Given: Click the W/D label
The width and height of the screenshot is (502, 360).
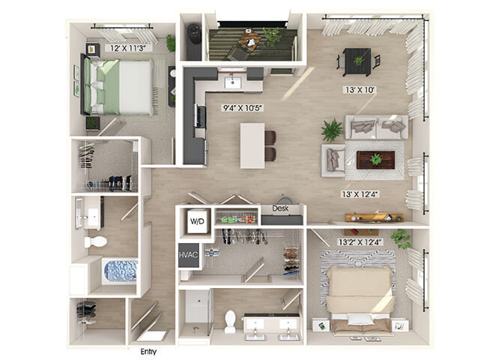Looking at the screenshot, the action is click(x=197, y=221).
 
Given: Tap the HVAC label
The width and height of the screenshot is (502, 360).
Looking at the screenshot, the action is click(x=188, y=255).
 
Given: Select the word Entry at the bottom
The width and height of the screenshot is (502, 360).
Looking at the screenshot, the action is click(x=148, y=352).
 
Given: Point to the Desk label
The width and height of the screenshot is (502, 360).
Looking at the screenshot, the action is click(x=280, y=208).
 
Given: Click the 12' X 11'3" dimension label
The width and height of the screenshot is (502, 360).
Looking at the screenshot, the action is click(x=128, y=48).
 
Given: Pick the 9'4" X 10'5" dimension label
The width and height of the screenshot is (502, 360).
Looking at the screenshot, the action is click(x=243, y=108).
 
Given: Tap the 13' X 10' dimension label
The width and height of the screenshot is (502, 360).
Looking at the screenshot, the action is click(x=360, y=90).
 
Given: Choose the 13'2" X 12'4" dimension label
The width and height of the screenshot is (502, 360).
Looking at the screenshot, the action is click(x=360, y=242).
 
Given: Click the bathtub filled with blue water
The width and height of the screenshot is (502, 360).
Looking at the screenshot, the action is click(x=121, y=271).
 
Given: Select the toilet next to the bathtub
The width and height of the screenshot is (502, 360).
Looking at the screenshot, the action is click(x=95, y=241).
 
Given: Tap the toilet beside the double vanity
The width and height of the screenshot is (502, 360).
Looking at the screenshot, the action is click(x=230, y=321).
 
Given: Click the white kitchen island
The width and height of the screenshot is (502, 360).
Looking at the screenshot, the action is click(x=252, y=145).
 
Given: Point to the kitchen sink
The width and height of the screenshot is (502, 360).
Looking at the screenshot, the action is click(x=233, y=82).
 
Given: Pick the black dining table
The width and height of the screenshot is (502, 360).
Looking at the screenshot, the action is click(x=357, y=61).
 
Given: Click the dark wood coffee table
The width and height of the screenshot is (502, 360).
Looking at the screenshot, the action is click(x=375, y=160).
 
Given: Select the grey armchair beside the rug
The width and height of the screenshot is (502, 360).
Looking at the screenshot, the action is click(x=333, y=160).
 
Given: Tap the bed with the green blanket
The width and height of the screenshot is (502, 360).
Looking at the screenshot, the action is click(x=118, y=87).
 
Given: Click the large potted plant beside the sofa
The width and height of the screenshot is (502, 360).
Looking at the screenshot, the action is click(x=333, y=130).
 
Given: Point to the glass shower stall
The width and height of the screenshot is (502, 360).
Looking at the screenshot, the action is click(x=195, y=313).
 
